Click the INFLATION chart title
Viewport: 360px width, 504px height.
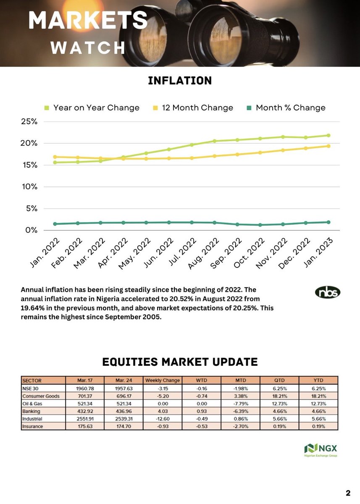tap(180, 80)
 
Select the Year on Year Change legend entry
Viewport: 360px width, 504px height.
tap(92, 108)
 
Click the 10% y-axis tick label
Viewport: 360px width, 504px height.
tap(29, 186)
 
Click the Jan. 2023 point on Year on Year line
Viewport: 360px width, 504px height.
tap(328, 135)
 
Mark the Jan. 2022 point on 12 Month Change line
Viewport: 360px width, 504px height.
tap(55, 157)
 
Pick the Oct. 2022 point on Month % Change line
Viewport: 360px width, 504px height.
tap(260, 225)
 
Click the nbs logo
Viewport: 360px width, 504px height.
tap(328, 292)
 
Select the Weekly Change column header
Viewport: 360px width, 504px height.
tap(162, 381)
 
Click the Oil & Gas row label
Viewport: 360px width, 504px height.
tap(33, 404)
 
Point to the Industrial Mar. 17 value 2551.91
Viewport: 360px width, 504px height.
tap(85, 419)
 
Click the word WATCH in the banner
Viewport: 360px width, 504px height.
tap(87, 47)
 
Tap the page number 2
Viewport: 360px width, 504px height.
tap(348, 493)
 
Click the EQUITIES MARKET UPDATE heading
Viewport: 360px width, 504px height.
tap(180, 362)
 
